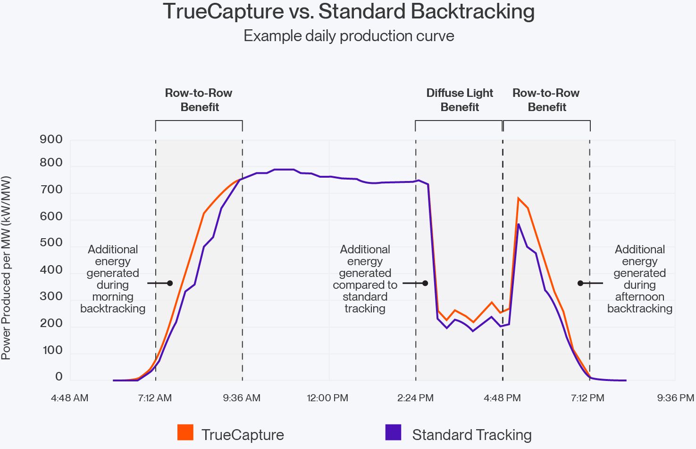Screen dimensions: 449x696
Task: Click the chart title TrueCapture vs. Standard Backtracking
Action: click(349, 11)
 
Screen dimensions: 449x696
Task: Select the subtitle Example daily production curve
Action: click(349, 36)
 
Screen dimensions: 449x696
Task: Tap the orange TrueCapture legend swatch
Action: click(185, 432)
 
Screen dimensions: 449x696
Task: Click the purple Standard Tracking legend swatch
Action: click(393, 432)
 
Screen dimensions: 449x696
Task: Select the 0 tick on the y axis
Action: click(59, 377)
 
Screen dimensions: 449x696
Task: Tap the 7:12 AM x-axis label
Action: click(155, 398)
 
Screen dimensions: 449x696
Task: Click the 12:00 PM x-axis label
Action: click(327, 398)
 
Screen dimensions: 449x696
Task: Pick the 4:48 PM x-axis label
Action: click(502, 398)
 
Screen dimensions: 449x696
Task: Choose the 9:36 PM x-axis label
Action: click(675, 398)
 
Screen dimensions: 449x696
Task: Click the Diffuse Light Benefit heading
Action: click(460, 100)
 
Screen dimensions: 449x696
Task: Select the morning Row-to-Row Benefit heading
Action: click(199, 100)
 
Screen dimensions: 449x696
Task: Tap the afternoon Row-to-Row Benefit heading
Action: click(546, 100)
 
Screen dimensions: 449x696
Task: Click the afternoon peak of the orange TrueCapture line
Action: click(519, 199)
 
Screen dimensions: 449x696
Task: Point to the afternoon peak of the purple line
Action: click(519, 224)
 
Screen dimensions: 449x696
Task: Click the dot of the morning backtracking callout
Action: click(170, 283)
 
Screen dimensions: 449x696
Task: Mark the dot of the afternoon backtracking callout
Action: click(580, 283)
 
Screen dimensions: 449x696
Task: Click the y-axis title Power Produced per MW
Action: click(6, 268)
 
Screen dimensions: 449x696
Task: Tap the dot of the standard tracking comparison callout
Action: click(425, 283)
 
